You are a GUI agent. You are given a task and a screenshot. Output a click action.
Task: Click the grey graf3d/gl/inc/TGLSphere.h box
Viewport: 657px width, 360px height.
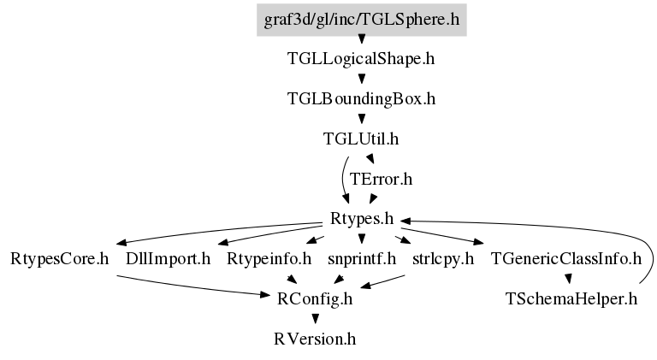point(362,18)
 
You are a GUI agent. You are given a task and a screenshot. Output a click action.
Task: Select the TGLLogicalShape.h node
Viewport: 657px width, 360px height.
point(362,59)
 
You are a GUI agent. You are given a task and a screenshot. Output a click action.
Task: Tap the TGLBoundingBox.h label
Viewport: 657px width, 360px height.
point(362,98)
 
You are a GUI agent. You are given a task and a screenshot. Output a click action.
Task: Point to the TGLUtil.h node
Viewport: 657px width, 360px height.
point(362,139)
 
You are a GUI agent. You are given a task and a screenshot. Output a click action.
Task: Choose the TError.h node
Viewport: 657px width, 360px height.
point(382,179)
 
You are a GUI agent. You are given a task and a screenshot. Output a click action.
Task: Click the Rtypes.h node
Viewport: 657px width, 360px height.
point(362,219)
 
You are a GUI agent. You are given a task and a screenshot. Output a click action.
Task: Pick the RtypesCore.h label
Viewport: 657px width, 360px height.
point(60,258)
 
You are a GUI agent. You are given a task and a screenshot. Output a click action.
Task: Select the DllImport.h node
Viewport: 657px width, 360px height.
point(168,258)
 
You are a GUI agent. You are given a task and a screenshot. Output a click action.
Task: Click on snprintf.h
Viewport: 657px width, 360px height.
point(362,258)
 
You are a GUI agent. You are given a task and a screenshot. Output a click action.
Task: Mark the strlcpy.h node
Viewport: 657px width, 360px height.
point(442,258)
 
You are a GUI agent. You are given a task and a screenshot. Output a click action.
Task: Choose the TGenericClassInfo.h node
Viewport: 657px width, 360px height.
point(565,258)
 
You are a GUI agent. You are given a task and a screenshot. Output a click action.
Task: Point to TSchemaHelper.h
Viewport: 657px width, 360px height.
point(571,298)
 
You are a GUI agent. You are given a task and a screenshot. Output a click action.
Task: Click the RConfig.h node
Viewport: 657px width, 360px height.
point(316,298)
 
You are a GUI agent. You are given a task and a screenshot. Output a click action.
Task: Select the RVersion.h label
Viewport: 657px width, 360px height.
point(316,339)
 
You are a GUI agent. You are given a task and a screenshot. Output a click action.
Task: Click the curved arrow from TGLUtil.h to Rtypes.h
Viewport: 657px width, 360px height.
point(342,180)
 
